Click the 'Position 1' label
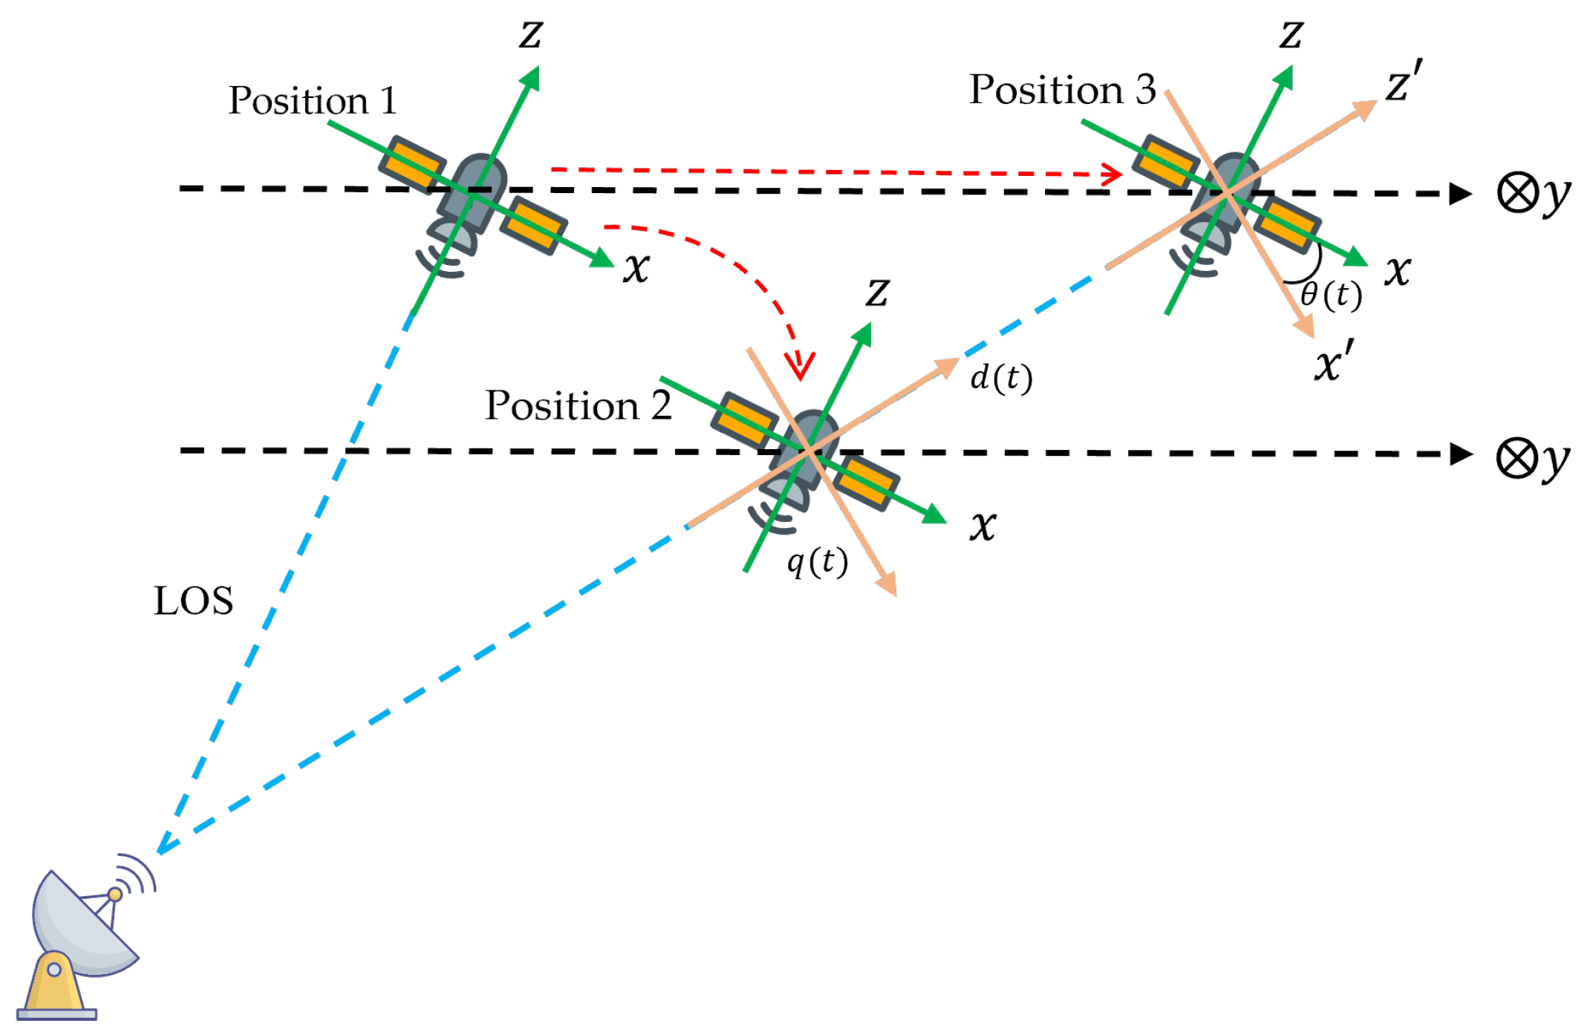pyautogui.click(x=313, y=101)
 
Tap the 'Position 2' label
pyautogui.click(x=578, y=406)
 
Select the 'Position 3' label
pyautogui.click(x=1062, y=91)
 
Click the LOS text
pyautogui.click(x=193, y=601)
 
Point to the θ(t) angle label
pyautogui.click(x=1331, y=295)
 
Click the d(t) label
pyautogui.click(x=1001, y=378)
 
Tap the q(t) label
pyautogui.click(x=817, y=562)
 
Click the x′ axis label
pyautogui.click(x=1334, y=362)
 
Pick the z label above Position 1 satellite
pyautogui.click(x=530, y=34)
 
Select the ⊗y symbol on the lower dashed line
pyautogui.click(x=1532, y=460)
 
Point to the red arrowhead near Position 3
pyautogui.click(x=1113, y=174)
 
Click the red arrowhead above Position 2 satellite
pyautogui.click(x=801, y=367)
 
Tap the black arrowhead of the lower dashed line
pyautogui.click(x=1461, y=454)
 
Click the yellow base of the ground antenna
pyautogui.click(x=56, y=984)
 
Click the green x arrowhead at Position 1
pyautogui.click(x=602, y=258)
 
